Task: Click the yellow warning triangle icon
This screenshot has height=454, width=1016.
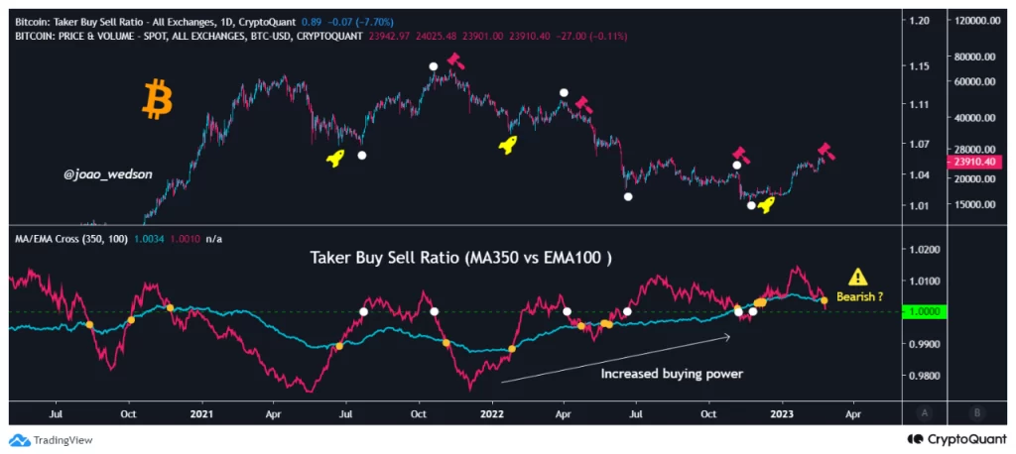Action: (857, 278)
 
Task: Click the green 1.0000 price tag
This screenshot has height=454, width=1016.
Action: (927, 312)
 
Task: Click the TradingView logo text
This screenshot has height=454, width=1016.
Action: (59, 440)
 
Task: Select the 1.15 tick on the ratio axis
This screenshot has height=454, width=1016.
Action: (920, 66)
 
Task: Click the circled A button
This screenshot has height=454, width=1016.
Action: (925, 411)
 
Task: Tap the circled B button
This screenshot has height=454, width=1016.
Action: (977, 411)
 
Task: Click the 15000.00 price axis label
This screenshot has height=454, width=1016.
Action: (972, 204)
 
